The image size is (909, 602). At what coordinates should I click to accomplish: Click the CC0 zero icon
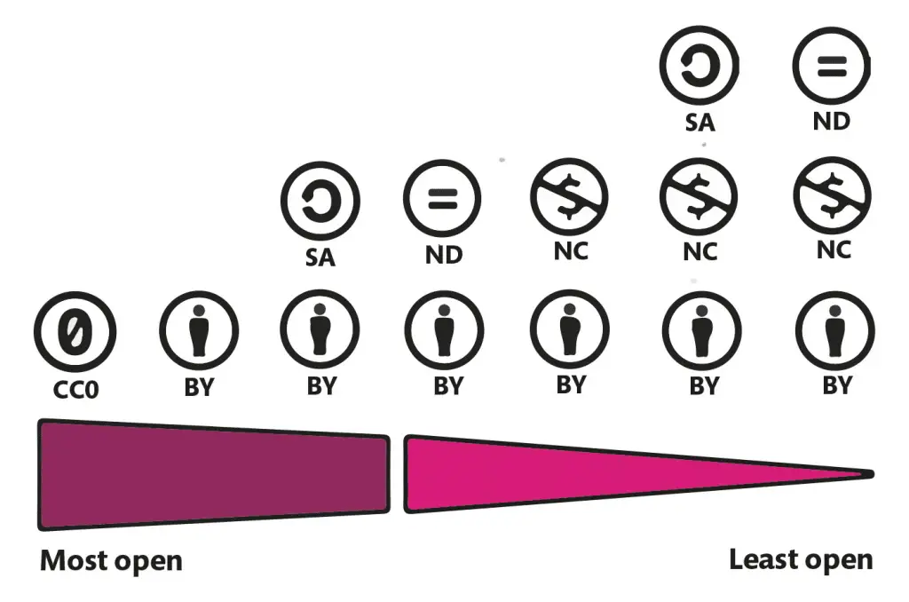coord(75,331)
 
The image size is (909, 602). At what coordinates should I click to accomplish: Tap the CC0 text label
coord(75,389)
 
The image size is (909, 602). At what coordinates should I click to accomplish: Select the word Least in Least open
coord(761,559)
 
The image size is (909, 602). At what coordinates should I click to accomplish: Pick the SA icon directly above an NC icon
coord(700,66)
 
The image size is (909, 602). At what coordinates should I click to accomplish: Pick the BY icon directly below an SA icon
coord(320,329)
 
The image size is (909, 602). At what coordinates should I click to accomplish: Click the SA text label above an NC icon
coord(700,123)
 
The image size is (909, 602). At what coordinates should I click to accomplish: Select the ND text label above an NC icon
coord(832,120)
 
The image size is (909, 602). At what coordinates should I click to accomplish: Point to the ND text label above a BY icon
coord(444,256)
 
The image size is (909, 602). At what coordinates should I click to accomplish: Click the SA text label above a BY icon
coord(320,257)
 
